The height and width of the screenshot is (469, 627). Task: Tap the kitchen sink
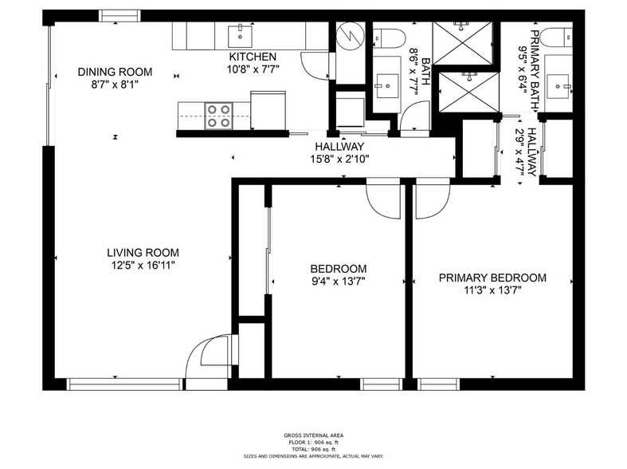239,34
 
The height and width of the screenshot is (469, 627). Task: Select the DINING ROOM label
115,73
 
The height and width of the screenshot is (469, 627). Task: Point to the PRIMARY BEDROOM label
492,278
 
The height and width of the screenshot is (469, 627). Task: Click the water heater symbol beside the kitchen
348,36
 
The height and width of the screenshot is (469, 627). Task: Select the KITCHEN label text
253,57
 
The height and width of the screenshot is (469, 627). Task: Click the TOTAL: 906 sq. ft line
313,448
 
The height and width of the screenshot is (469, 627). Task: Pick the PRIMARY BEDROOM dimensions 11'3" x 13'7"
492,290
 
